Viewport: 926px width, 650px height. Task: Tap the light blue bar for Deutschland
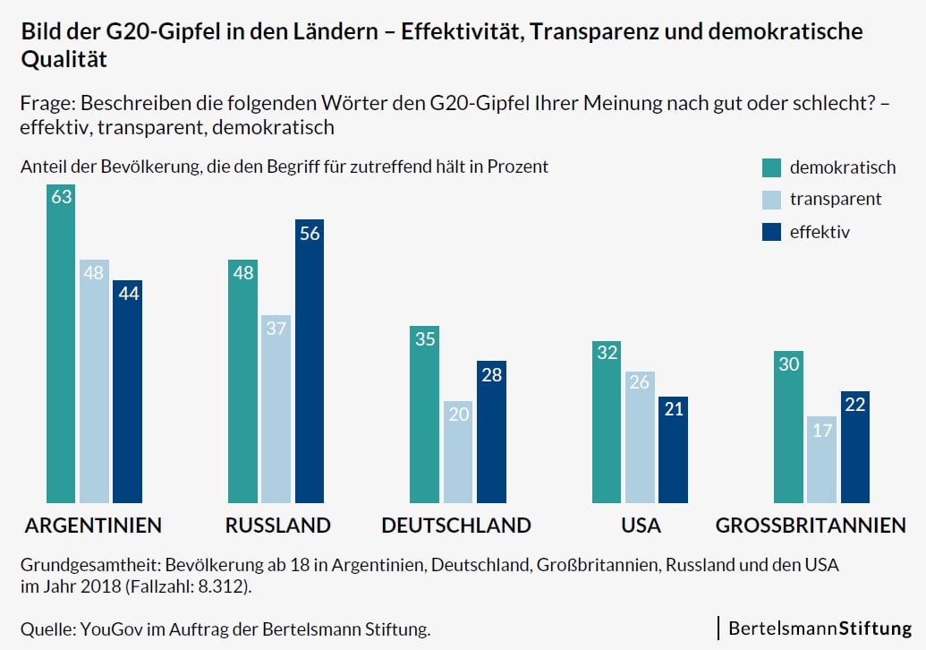click(x=458, y=452)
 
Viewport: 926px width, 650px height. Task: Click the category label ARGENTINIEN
click(x=93, y=526)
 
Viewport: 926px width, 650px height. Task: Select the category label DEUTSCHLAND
click(x=456, y=526)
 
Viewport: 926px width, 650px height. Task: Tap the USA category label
click(x=641, y=526)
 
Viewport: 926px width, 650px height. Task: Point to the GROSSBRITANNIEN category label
click(x=811, y=526)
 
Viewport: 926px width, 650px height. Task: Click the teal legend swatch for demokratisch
click(x=771, y=167)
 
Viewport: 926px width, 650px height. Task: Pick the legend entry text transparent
click(x=836, y=199)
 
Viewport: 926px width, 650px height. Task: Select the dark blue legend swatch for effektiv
click(x=771, y=232)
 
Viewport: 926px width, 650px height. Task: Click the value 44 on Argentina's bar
click(x=127, y=294)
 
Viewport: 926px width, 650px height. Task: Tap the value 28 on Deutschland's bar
click(x=490, y=374)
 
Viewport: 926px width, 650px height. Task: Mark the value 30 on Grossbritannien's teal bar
click(x=788, y=364)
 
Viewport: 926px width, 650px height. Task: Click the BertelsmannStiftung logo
click(x=820, y=628)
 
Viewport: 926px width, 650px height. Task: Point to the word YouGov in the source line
click(x=110, y=629)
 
